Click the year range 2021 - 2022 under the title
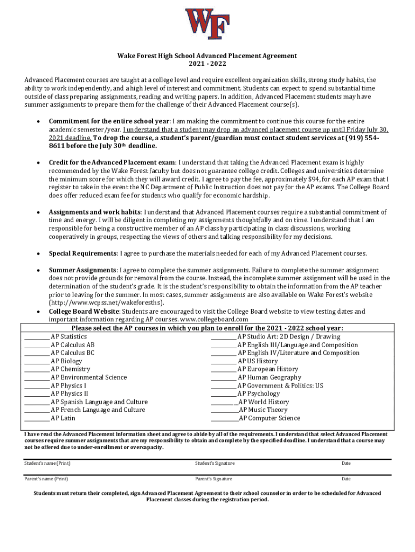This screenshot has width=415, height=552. pos(207,64)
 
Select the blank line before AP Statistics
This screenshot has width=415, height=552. pos(37,337)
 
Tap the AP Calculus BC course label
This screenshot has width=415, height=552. pos(73,353)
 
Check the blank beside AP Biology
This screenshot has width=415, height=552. pos(37,362)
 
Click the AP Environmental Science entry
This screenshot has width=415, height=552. pos(89,378)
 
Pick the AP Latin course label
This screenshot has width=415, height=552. pos(63,418)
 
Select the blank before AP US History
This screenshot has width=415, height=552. pos(223,362)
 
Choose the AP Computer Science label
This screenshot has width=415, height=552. pos(269,418)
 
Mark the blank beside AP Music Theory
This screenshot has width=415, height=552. pos(224,410)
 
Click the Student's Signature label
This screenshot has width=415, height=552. pos(215,463)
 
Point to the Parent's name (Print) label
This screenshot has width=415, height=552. pos(46,479)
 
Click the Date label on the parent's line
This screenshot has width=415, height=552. pos(346,479)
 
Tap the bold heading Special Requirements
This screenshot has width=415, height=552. pos(82,253)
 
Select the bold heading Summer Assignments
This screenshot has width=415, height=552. pos(83,270)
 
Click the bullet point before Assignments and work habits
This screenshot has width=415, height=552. pos(37,212)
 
